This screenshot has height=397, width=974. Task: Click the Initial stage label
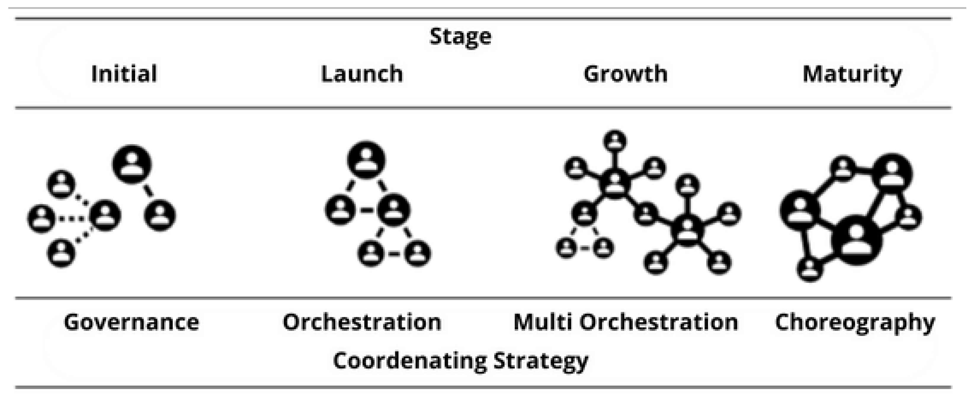tap(124, 74)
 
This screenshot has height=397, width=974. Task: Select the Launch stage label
tap(362, 74)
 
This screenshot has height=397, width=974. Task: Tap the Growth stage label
tap(625, 74)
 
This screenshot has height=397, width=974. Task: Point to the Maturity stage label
tap(852, 74)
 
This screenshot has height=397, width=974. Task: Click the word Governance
tap(131, 323)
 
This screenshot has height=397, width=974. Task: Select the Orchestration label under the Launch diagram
tap(362, 323)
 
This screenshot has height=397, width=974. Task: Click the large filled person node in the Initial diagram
tap(132, 165)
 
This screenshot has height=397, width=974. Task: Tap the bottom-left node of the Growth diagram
tap(566, 248)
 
